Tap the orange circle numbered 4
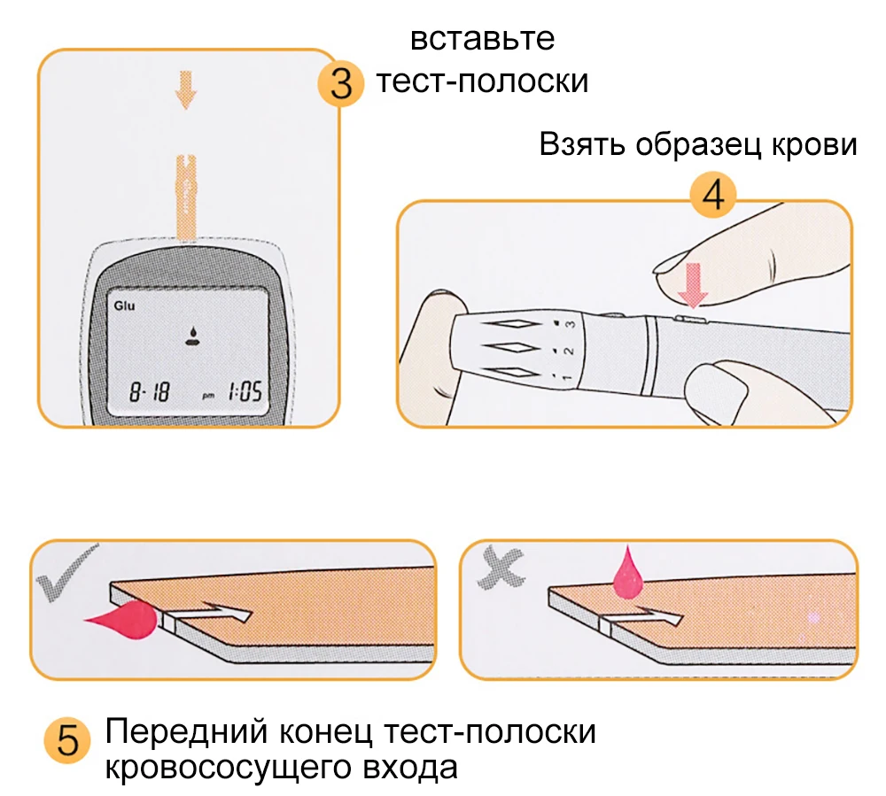coord(713,197)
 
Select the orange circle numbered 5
coord(67,741)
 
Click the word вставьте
coord(483,40)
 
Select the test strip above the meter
coord(187,195)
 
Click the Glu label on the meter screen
coord(123,307)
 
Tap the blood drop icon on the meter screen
coord(190,336)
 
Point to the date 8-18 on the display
coord(149,390)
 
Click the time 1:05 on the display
coord(244,390)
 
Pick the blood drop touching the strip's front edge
coord(124,618)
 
